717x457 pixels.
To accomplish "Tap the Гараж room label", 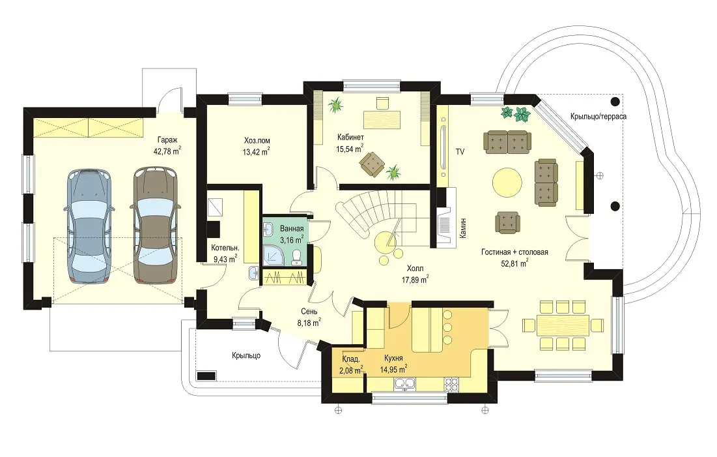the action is [167, 140].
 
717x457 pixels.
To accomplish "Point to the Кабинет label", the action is [350, 138].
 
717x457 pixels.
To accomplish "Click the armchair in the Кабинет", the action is [372, 164].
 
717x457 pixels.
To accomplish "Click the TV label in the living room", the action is [460, 151].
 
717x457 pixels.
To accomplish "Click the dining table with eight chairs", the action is [563, 325].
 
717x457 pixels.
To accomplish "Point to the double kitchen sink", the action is [404, 384].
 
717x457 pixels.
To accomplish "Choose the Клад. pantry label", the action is [351, 359].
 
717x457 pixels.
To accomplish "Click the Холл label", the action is [415, 269].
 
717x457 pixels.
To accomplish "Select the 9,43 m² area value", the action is [225, 259].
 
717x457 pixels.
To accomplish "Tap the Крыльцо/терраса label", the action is [598, 116].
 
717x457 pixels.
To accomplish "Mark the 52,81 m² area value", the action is [515, 263].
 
